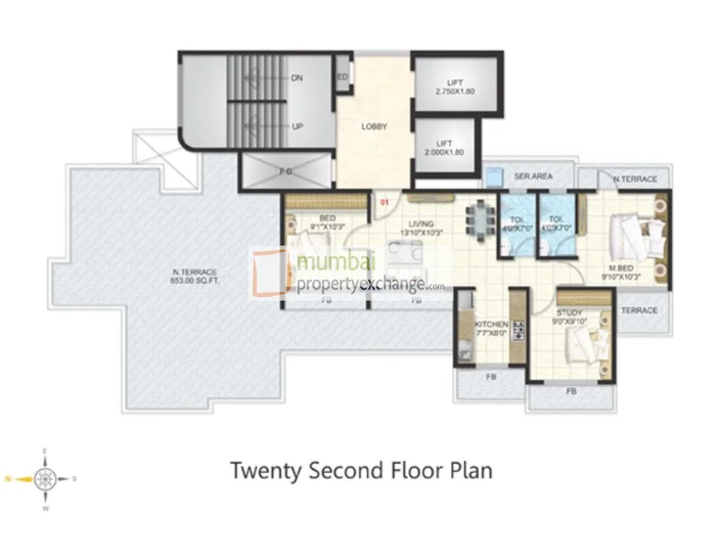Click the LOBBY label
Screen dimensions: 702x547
pyautogui.click(x=374, y=127)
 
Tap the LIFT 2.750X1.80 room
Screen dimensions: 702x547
pyautogui.click(x=454, y=85)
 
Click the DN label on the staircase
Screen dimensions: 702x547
pyautogui.click(x=297, y=78)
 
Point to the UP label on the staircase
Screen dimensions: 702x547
pyautogui.click(x=297, y=127)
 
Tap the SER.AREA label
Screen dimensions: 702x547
pyautogui.click(x=533, y=176)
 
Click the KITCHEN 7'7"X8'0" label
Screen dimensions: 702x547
pyautogui.click(x=491, y=329)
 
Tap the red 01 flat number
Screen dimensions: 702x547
pyautogui.click(x=383, y=202)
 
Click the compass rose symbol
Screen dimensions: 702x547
pyautogui.click(x=44, y=478)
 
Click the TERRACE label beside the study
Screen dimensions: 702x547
pyautogui.click(x=639, y=310)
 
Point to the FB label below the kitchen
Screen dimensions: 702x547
pyautogui.click(x=490, y=376)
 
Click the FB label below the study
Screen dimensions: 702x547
pyautogui.click(x=571, y=391)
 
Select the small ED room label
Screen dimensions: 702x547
pyautogui.click(x=342, y=78)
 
